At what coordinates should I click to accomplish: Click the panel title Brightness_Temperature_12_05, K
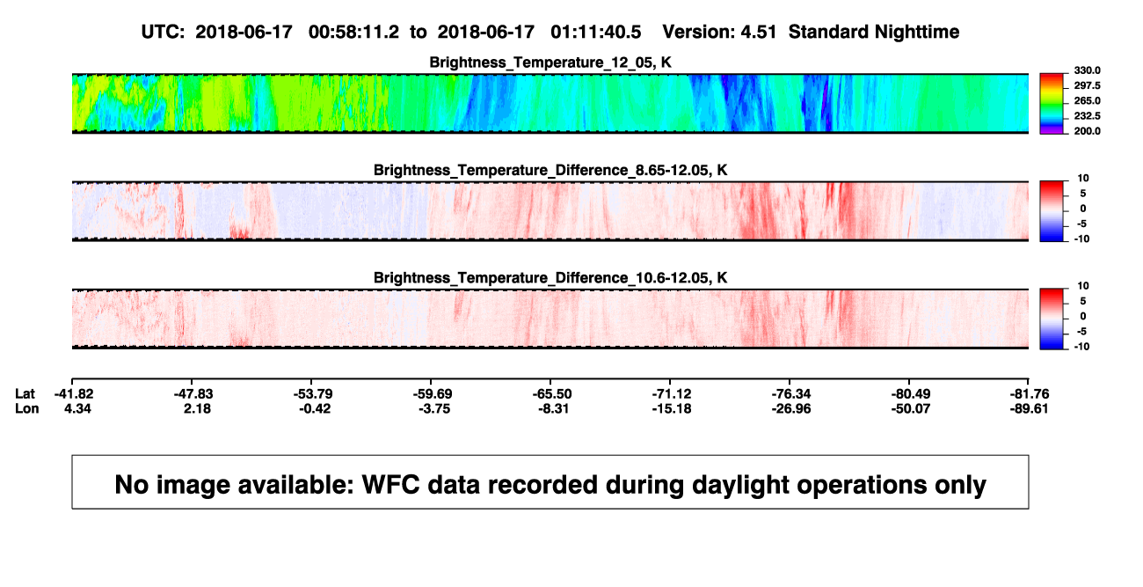pyautogui.click(x=550, y=62)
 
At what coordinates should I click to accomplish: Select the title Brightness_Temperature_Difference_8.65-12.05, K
pyautogui.click(x=550, y=170)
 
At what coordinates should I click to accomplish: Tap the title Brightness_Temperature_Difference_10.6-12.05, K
pyautogui.click(x=550, y=278)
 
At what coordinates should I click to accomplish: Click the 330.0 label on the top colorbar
pyautogui.click(x=1087, y=70)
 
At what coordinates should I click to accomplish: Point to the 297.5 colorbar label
pyautogui.click(x=1087, y=85)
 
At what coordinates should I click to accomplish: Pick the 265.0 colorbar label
pyautogui.click(x=1087, y=100)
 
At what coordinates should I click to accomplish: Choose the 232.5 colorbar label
pyautogui.click(x=1087, y=116)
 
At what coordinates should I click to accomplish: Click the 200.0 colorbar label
pyautogui.click(x=1087, y=131)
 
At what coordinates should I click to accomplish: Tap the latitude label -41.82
pyautogui.click(x=74, y=394)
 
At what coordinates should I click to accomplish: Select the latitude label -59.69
pyautogui.click(x=433, y=394)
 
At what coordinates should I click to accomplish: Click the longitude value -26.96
pyautogui.click(x=791, y=408)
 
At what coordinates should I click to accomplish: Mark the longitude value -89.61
pyautogui.click(x=1029, y=408)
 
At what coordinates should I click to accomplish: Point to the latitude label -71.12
pyautogui.click(x=672, y=394)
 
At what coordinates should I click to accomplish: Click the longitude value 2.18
pyautogui.click(x=197, y=408)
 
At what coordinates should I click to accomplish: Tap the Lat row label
pyautogui.click(x=25, y=394)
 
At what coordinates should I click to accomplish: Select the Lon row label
pyautogui.click(x=26, y=408)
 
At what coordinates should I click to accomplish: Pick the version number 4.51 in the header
pyautogui.click(x=758, y=32)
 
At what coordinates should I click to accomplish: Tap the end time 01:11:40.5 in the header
pyautogui.click(x=595, y=32)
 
